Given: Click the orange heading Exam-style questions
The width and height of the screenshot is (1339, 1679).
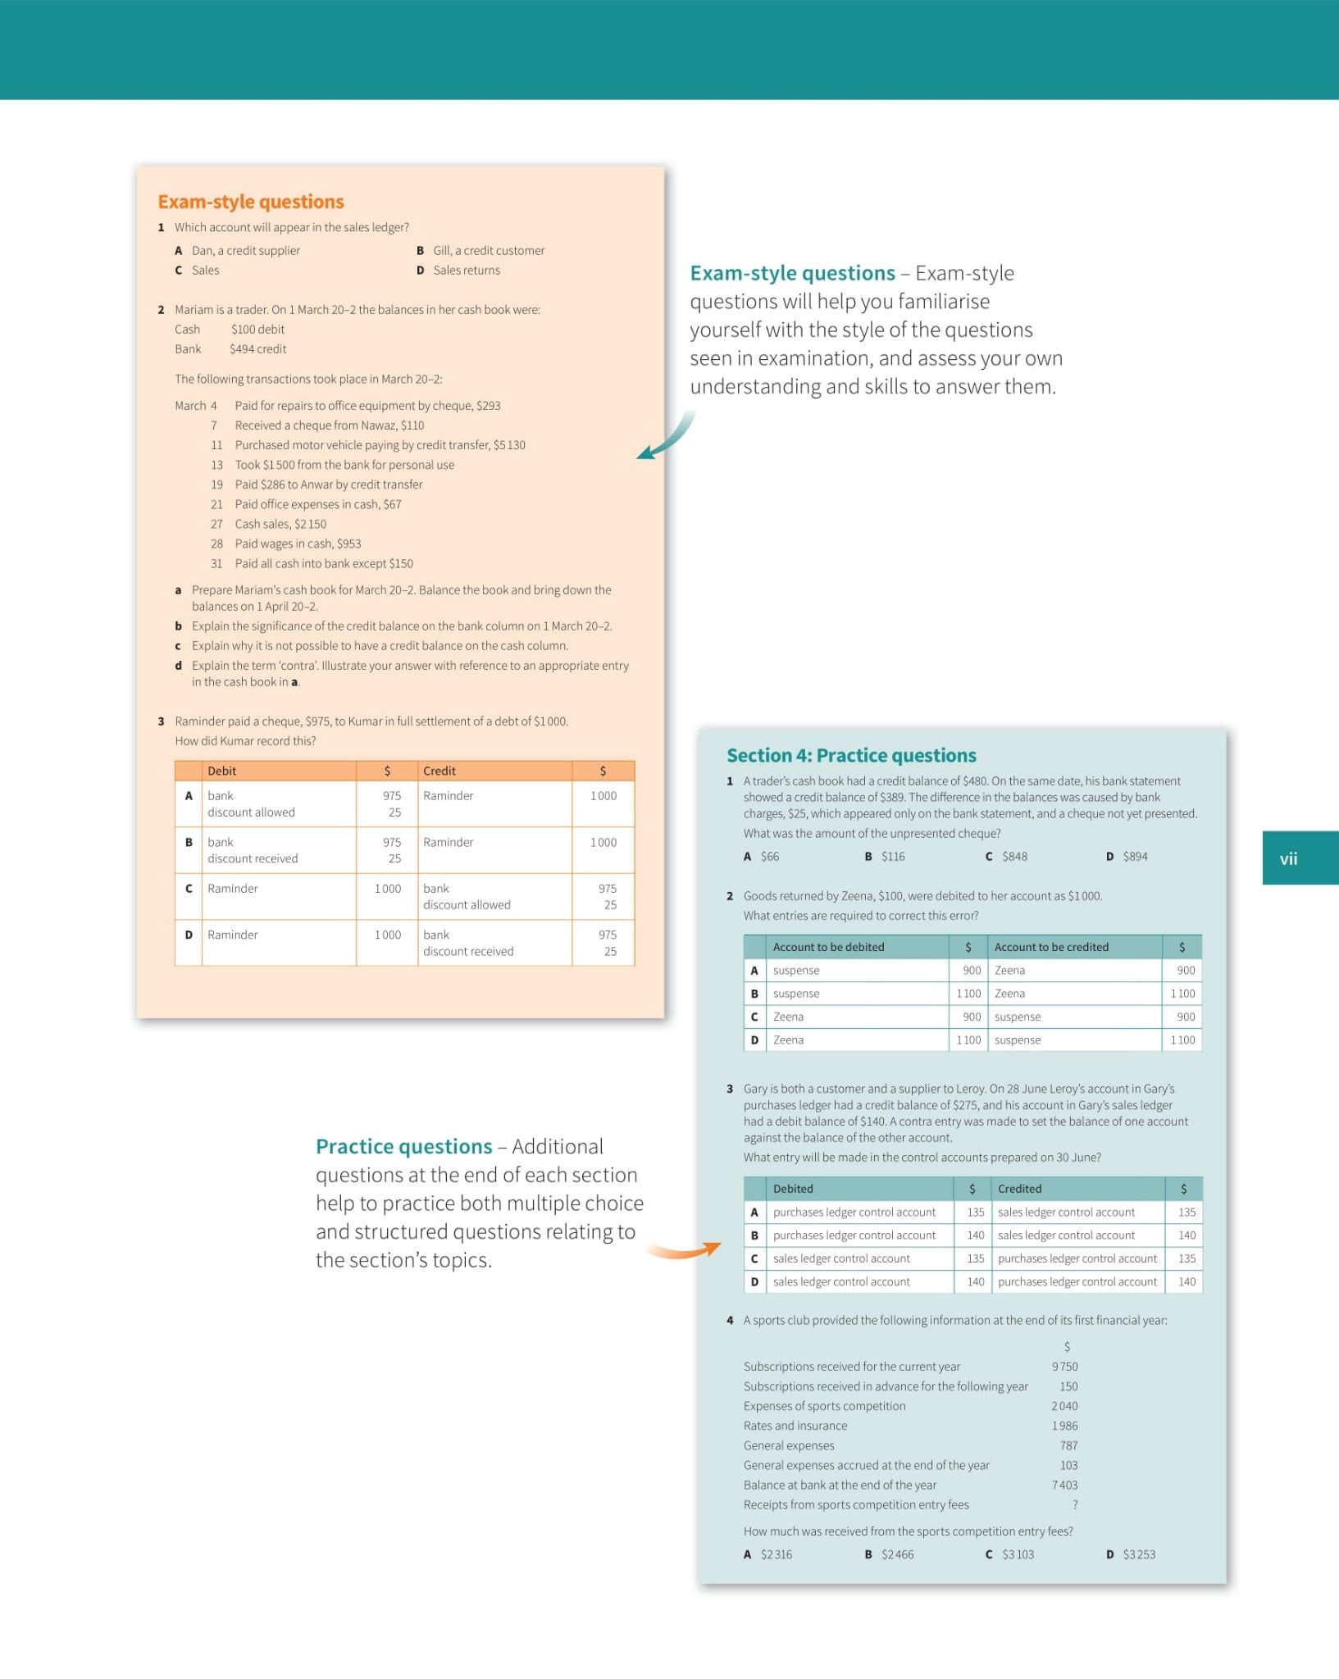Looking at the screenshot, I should (251, 202).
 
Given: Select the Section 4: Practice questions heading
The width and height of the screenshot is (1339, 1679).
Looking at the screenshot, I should (851, 755).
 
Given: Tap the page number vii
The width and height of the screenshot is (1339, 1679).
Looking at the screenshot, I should (1288, 858).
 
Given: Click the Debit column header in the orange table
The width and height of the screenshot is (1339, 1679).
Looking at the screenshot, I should (222, 771).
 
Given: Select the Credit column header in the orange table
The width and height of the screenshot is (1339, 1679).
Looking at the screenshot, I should (440, 771).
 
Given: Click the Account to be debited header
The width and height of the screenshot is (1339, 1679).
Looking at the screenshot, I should (828, 947).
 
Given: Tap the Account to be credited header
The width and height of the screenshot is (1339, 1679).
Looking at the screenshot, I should (1051, 947).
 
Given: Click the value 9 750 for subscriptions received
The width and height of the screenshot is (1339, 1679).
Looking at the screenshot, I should (1065, 1367).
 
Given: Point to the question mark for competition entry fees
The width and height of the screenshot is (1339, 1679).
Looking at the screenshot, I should (1075, 1504).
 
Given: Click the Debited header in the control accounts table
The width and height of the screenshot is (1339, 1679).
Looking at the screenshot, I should (793, 1189).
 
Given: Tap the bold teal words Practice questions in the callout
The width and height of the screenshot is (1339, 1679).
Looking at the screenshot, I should (404, 1146).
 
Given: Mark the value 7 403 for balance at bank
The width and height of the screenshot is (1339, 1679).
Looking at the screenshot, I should (1065, 1485).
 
